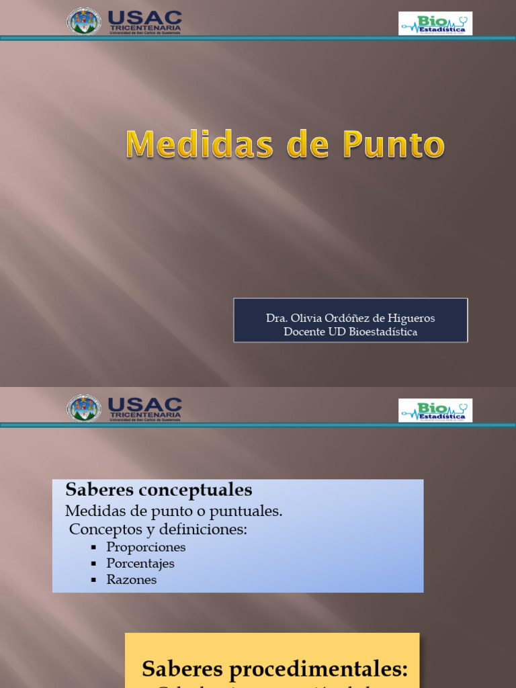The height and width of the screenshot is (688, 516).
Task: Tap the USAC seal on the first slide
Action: coord(84,21)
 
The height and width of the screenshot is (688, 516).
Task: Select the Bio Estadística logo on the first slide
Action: coord(435,23)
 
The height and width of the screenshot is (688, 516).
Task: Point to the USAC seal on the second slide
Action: coord(84,408)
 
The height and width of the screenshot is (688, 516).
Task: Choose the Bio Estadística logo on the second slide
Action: coord(435,410)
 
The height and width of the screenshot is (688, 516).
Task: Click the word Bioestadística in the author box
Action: coord(382,332)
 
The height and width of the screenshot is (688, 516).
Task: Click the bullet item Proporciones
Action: coord(146,547)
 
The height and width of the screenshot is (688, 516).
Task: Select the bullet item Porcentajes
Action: coord(140,563)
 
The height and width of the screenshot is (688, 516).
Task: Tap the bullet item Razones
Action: coord(132,579)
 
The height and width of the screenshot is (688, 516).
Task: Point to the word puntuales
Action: coord(246,511)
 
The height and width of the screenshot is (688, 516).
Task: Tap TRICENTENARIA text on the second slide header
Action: coord(144,415)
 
